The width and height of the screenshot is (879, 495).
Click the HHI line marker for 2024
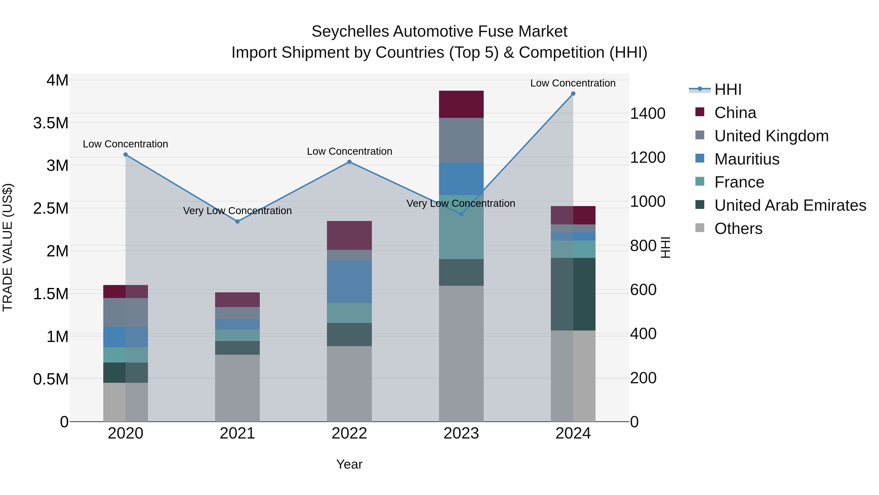573,94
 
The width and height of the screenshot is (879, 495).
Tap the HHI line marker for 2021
238,221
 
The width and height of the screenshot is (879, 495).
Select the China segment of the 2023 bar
461,104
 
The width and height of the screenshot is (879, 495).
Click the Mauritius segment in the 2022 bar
349,282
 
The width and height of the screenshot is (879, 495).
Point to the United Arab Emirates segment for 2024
573,294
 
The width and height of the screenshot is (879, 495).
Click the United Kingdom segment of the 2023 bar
461,140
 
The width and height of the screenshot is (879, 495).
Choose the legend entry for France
739,182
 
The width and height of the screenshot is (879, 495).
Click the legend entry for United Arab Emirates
790,205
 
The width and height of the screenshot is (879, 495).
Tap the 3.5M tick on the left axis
51,123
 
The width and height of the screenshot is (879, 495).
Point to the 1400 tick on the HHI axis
647,113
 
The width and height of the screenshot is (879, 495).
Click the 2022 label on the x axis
349,433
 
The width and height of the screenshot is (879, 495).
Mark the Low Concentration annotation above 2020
125,144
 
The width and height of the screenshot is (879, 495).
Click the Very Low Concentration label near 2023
461,203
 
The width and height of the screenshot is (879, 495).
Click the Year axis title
349,464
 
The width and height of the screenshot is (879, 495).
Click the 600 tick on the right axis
643,290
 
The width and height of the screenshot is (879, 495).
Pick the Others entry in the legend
738,229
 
